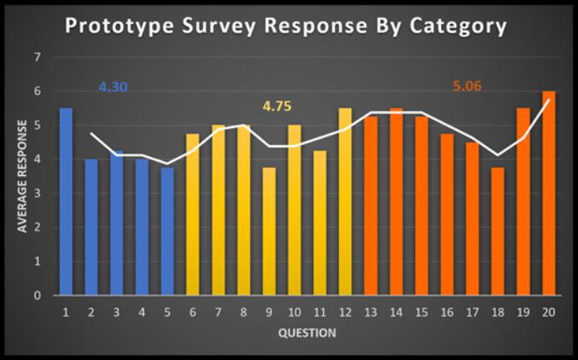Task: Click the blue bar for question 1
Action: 66,201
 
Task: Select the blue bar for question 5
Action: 167,231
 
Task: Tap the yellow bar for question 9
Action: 269,231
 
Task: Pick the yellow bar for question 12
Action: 345,201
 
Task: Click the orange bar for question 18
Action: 498,231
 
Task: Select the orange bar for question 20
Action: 549,193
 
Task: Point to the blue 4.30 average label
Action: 113,87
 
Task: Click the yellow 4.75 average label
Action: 276,106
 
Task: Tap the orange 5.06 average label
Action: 467,86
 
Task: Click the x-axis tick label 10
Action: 295,313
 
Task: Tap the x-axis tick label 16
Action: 447,313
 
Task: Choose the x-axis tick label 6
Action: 193,313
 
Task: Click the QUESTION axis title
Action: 307,333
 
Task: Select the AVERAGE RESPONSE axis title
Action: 23,176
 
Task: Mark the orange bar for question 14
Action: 396,201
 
